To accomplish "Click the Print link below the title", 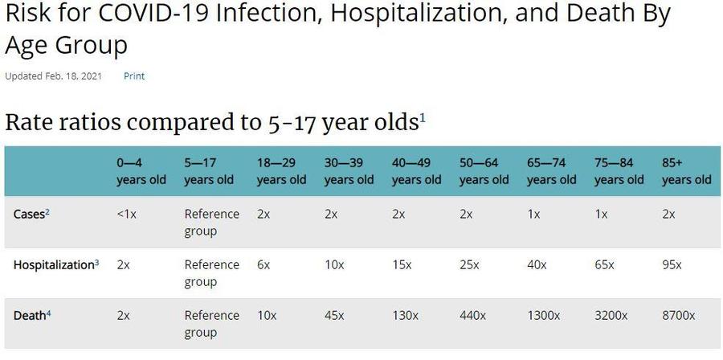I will (134, 76).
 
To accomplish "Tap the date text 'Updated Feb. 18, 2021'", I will (54, 76).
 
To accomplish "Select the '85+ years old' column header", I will (686, 171).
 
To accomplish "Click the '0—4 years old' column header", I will (141, 171).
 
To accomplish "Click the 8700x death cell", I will (679, 315).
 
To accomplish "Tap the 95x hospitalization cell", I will (672, 264).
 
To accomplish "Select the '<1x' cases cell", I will (125, 215).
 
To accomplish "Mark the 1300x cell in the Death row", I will (544, 315).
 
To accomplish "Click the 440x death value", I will (472, 315).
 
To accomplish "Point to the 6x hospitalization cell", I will (264, 264).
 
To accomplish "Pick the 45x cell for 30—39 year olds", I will (335, 315).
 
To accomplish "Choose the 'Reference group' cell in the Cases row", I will (211, 223).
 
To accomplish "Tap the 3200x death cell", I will (611, 315).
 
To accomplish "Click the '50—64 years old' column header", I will (484, 171).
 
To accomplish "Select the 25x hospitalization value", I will (469, 264).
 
